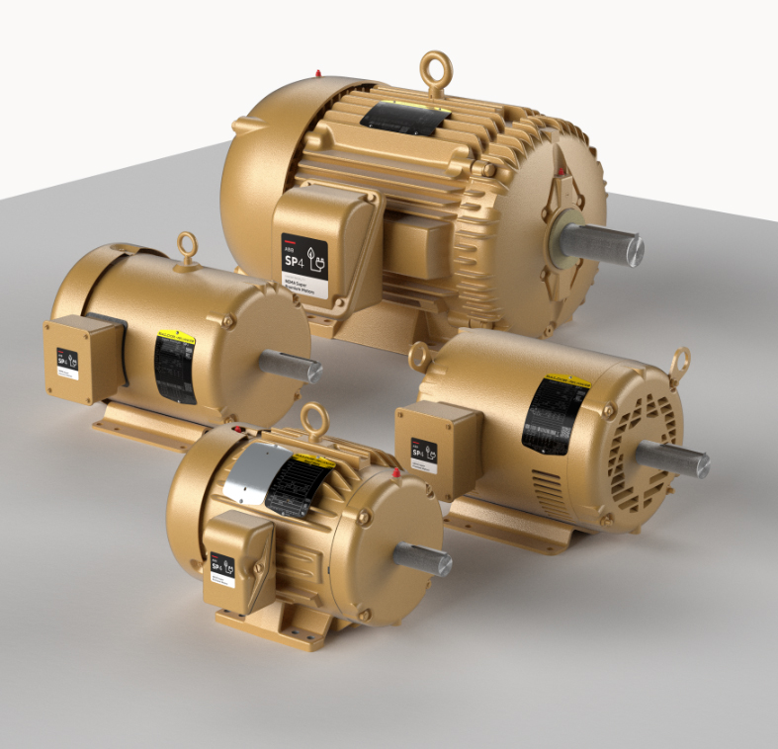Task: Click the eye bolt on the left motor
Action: coord(187,247)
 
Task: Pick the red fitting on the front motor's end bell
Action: coord(396,474)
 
